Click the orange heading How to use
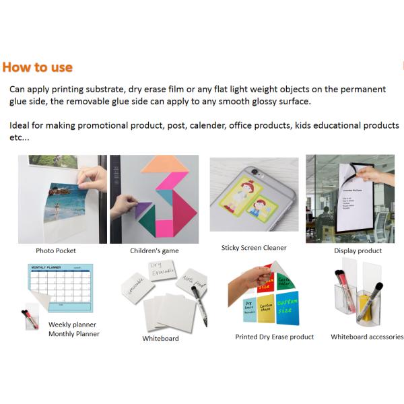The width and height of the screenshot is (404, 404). tap(37, 67)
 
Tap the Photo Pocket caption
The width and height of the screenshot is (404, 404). tap(56, 250)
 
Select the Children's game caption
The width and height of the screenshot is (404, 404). tap(154, 250)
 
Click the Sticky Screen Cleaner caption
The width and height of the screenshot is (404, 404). tap(254, 248)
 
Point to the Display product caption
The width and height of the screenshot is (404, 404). tap(358, 250)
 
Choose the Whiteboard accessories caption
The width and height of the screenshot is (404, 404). tap(367, 337)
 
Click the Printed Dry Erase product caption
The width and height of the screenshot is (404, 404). tap(274, 337)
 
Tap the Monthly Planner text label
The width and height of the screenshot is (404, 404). tap(74, 334)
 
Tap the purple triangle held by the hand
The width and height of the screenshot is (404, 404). tap(143, 210)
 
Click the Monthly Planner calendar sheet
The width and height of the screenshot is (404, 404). tap(61, 285)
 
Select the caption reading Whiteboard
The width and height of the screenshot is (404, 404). tap(160, 338)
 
